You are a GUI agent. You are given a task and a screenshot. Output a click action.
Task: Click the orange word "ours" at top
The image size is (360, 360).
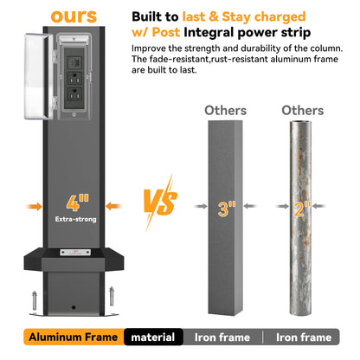tap(74, 16)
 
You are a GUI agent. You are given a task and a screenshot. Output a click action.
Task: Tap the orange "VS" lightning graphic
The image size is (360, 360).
tap(160, 202)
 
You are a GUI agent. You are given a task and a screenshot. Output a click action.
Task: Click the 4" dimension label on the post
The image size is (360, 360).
tap(77, 202)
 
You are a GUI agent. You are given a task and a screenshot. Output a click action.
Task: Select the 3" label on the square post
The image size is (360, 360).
tap(226, 209)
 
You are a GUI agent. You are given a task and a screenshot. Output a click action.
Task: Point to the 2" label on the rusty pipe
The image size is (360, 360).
tap(302, 209)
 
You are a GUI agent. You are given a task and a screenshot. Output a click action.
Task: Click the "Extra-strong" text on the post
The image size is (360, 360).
tap(76, 219)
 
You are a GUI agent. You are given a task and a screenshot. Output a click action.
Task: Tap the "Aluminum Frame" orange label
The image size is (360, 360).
tap(74, 337)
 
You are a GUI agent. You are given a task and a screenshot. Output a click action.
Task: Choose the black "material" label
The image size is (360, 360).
tap(153, 337)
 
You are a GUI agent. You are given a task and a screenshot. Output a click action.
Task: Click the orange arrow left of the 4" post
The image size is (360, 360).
tap(34, 206)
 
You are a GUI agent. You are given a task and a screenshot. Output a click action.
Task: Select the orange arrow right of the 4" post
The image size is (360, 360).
tap(113, 206)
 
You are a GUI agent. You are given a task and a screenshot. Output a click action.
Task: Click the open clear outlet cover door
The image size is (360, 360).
tap(38, 76)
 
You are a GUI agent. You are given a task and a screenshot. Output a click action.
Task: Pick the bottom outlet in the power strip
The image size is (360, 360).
tap(74, 94)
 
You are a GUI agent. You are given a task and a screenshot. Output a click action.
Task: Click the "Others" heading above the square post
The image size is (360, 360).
tap(226, 111)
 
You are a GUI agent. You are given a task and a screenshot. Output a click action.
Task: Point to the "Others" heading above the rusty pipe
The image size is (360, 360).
tap(303, 111)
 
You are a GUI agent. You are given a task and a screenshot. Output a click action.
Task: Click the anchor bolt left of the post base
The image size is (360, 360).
tap(35, 301)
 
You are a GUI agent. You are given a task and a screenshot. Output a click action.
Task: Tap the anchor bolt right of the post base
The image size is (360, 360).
tap(112, 297)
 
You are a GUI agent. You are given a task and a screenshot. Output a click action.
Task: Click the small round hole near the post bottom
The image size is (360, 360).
tap(74, 307)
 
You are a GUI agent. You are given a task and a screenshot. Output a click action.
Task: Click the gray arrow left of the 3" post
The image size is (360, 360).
tap(201, 206)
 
